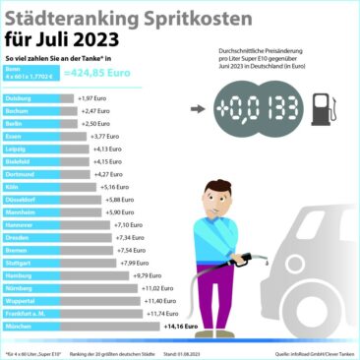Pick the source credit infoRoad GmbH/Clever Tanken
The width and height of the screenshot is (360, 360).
(313, 350)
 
